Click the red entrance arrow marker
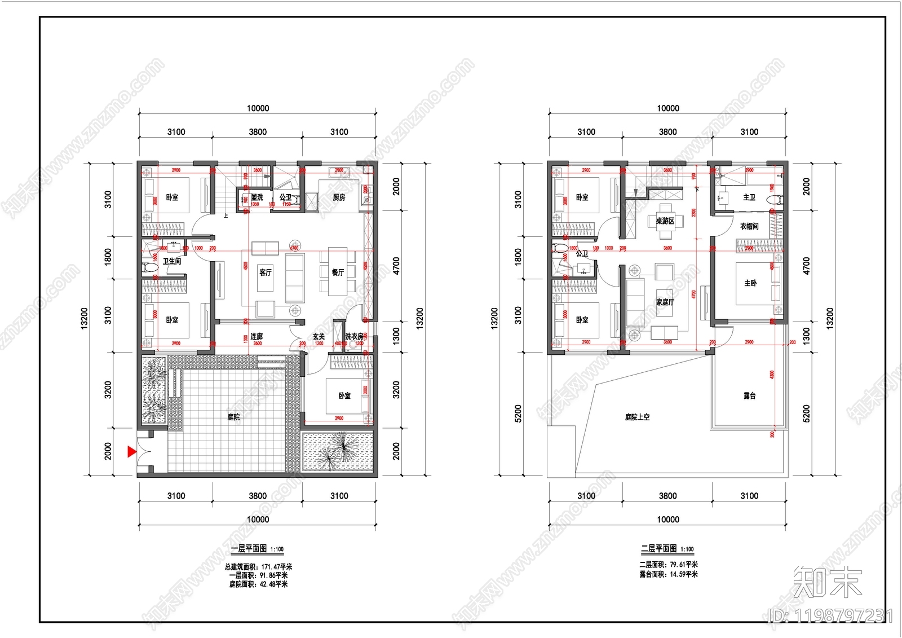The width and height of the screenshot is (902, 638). pyautogui.click(x=131, y=451)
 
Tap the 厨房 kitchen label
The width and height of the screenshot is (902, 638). pyautogui.click(x=339, y=197)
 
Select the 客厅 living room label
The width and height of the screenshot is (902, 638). pyautogui.click(x=266, y=272)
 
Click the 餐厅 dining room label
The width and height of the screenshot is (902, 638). pyautogui.click(x=338, y=272)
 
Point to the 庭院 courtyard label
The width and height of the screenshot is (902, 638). pyautogui.click(x=233, y=417)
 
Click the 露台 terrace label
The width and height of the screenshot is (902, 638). pyautogui.click(x=749, y=396)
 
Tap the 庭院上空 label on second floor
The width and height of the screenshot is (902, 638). pyautogui.click(x=637, y=417)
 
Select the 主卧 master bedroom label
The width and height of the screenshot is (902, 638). pyautogui.click(x=750, y=283)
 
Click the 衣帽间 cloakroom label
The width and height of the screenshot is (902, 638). pyautogui.click(x=749, y=226)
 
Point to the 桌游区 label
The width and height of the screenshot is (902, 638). pyautogui.click(x=665, y=221)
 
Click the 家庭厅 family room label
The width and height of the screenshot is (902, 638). pyautogui.click(x=665, y=302)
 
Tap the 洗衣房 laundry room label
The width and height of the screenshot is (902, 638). pyautogui.click(x=354, y=336)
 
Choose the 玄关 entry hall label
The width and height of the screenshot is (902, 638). pyautogui.click(x=319, y=336)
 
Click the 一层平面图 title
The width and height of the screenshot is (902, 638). pyautogui.click(x=249, y=548)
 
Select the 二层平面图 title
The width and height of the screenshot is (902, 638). pyautogui.click(x=658, y=548)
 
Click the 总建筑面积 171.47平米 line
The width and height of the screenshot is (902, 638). pyautogui.click(x=258, y=566)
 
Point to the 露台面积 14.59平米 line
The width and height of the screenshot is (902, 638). pyautogui.click(x=668, y=574)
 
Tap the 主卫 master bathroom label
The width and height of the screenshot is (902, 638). pyautogui.click(x=749, y=197)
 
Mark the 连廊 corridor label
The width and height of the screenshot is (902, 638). pyautogui.click(x=257, y=336)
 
